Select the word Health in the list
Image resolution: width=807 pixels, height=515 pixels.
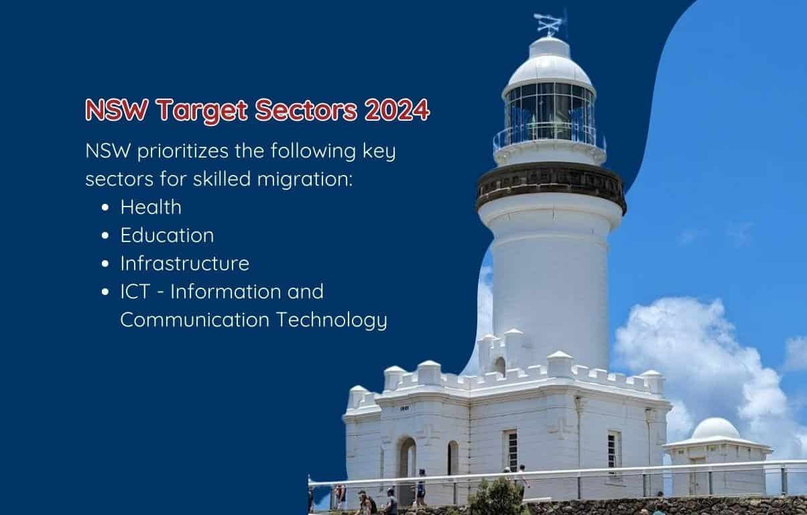151,207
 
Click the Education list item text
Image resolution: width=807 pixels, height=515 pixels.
167,235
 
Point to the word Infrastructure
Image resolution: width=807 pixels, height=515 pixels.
185,263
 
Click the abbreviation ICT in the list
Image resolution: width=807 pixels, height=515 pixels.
135,291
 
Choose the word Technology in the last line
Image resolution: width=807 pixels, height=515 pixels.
331,320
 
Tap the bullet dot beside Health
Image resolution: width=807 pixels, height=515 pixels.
105,208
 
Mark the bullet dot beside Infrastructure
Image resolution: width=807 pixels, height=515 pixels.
105,264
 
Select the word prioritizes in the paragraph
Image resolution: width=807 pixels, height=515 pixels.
183,152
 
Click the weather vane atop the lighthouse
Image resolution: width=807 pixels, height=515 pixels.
550,23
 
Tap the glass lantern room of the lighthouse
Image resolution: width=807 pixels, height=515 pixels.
549,113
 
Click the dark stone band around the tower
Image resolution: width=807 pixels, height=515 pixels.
551,185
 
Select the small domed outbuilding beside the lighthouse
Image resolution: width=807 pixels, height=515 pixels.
717,454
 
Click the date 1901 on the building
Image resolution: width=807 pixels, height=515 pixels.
404,408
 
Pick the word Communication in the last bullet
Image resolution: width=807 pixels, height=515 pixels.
195,320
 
